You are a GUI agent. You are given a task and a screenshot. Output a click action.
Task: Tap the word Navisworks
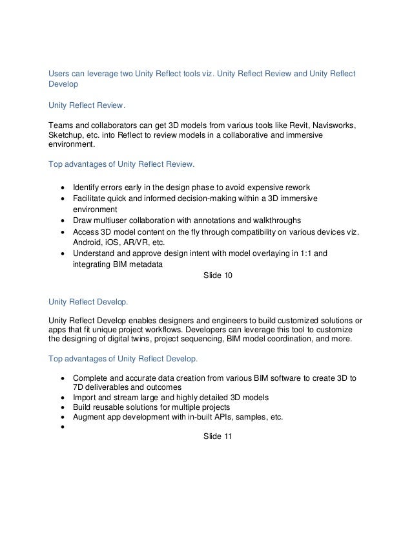(x=325, y=124)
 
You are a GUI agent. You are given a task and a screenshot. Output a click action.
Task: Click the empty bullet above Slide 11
(x=62, y=427)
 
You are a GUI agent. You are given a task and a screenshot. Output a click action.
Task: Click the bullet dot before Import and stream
(x=62, y=398)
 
